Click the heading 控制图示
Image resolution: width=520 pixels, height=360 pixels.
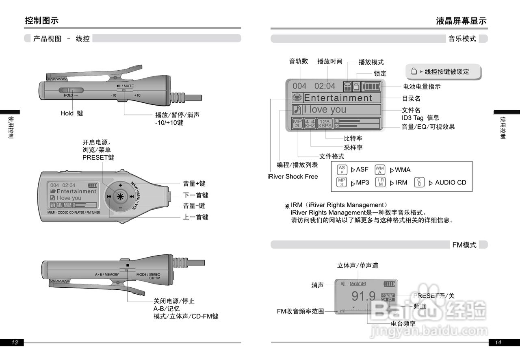(42, 20)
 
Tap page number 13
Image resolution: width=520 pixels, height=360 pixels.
(15, 343)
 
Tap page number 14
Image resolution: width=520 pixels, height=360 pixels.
(498, 343)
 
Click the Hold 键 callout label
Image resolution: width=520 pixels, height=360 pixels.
(71, 113)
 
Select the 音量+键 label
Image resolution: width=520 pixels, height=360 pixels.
(194, 184)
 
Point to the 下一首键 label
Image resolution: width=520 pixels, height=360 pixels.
(196, 195)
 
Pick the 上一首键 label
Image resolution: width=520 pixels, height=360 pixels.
(196, 217)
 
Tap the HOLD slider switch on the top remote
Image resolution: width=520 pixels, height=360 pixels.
(71, 91)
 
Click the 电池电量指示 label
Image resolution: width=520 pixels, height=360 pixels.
(422, 87)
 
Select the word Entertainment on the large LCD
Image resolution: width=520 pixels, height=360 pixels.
(338, 98)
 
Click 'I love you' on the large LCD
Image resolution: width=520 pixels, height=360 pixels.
(325, 109)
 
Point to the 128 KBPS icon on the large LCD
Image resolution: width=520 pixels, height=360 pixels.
(325, 123)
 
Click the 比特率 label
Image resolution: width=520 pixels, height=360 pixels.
(353, 139)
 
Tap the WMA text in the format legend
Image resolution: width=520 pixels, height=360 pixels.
(403, 170)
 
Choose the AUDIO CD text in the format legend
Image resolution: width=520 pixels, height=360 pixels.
(451, 182)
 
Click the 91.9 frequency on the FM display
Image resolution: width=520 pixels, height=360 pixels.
(364, 296)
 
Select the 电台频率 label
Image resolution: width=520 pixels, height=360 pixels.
(403, 323)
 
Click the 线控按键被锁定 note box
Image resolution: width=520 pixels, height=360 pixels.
(443, 72)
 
